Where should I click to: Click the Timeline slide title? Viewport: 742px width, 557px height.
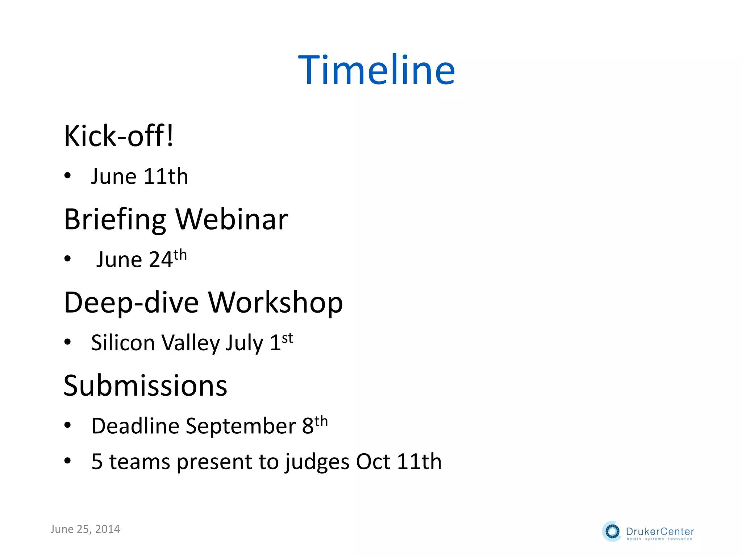[376, 70]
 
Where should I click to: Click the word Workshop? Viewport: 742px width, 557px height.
[275, 303]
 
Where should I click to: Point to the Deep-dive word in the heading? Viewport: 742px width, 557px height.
[131, 303]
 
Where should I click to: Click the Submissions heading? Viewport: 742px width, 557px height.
[145, 385]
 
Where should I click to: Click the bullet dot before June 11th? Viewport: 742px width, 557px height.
[67, 176]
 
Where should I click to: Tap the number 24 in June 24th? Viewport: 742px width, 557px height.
[161, 260]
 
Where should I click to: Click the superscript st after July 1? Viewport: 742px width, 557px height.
[287, 338]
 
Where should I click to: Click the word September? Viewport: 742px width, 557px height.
[241, 426]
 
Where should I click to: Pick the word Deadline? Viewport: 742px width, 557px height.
[135, 426]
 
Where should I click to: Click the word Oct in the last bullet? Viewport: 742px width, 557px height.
[373, 462]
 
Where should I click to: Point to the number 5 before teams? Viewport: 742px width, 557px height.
[97, 462]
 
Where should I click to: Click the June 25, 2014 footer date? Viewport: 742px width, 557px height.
[85, 529]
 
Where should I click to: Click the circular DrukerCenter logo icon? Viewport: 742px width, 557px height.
[612, 532]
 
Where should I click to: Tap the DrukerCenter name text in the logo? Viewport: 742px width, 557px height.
[660, 531]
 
